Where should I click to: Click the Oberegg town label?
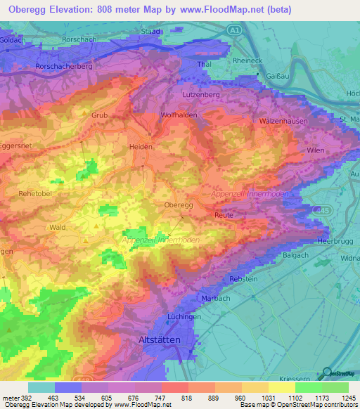[x=179, y=204]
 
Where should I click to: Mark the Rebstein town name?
[x=244, y=279]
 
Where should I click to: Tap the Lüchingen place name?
[x=184, y=316]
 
